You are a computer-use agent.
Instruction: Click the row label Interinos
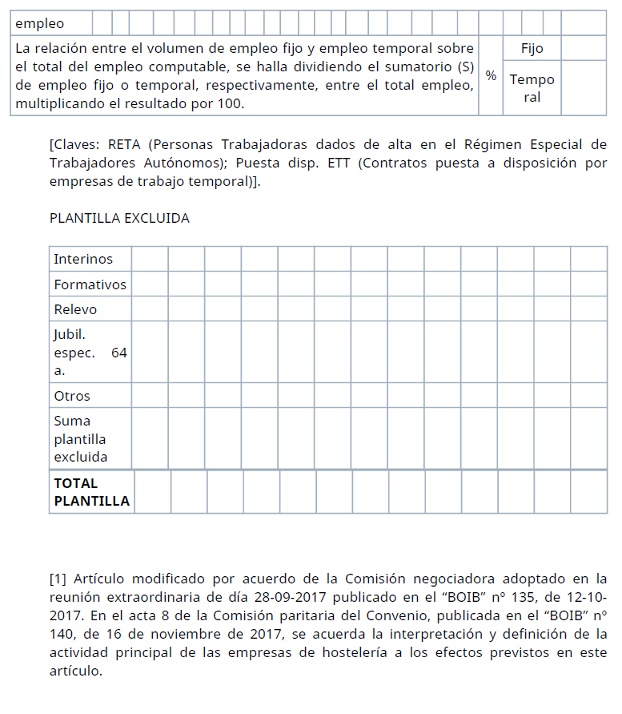pos(83,259)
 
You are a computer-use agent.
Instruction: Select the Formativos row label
pos(90,284)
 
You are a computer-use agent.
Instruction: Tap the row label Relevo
pos(75,309)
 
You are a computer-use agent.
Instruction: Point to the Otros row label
pos(72,396)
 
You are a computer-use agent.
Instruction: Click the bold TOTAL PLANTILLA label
pos(90,492)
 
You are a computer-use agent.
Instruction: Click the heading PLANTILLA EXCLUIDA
pos(119,218)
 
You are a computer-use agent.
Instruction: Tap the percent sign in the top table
pos(491,75)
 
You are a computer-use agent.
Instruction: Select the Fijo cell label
pos(532,48)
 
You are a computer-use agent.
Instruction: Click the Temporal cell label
pos(532,88)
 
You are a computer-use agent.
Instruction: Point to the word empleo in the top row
pos(40,23)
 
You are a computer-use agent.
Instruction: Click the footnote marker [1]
pos(58,579)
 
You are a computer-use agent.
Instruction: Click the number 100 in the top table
pos(235,104)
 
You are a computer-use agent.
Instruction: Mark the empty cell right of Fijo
pos(584,48)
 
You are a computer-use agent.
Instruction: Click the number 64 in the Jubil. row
pos(119,353)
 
